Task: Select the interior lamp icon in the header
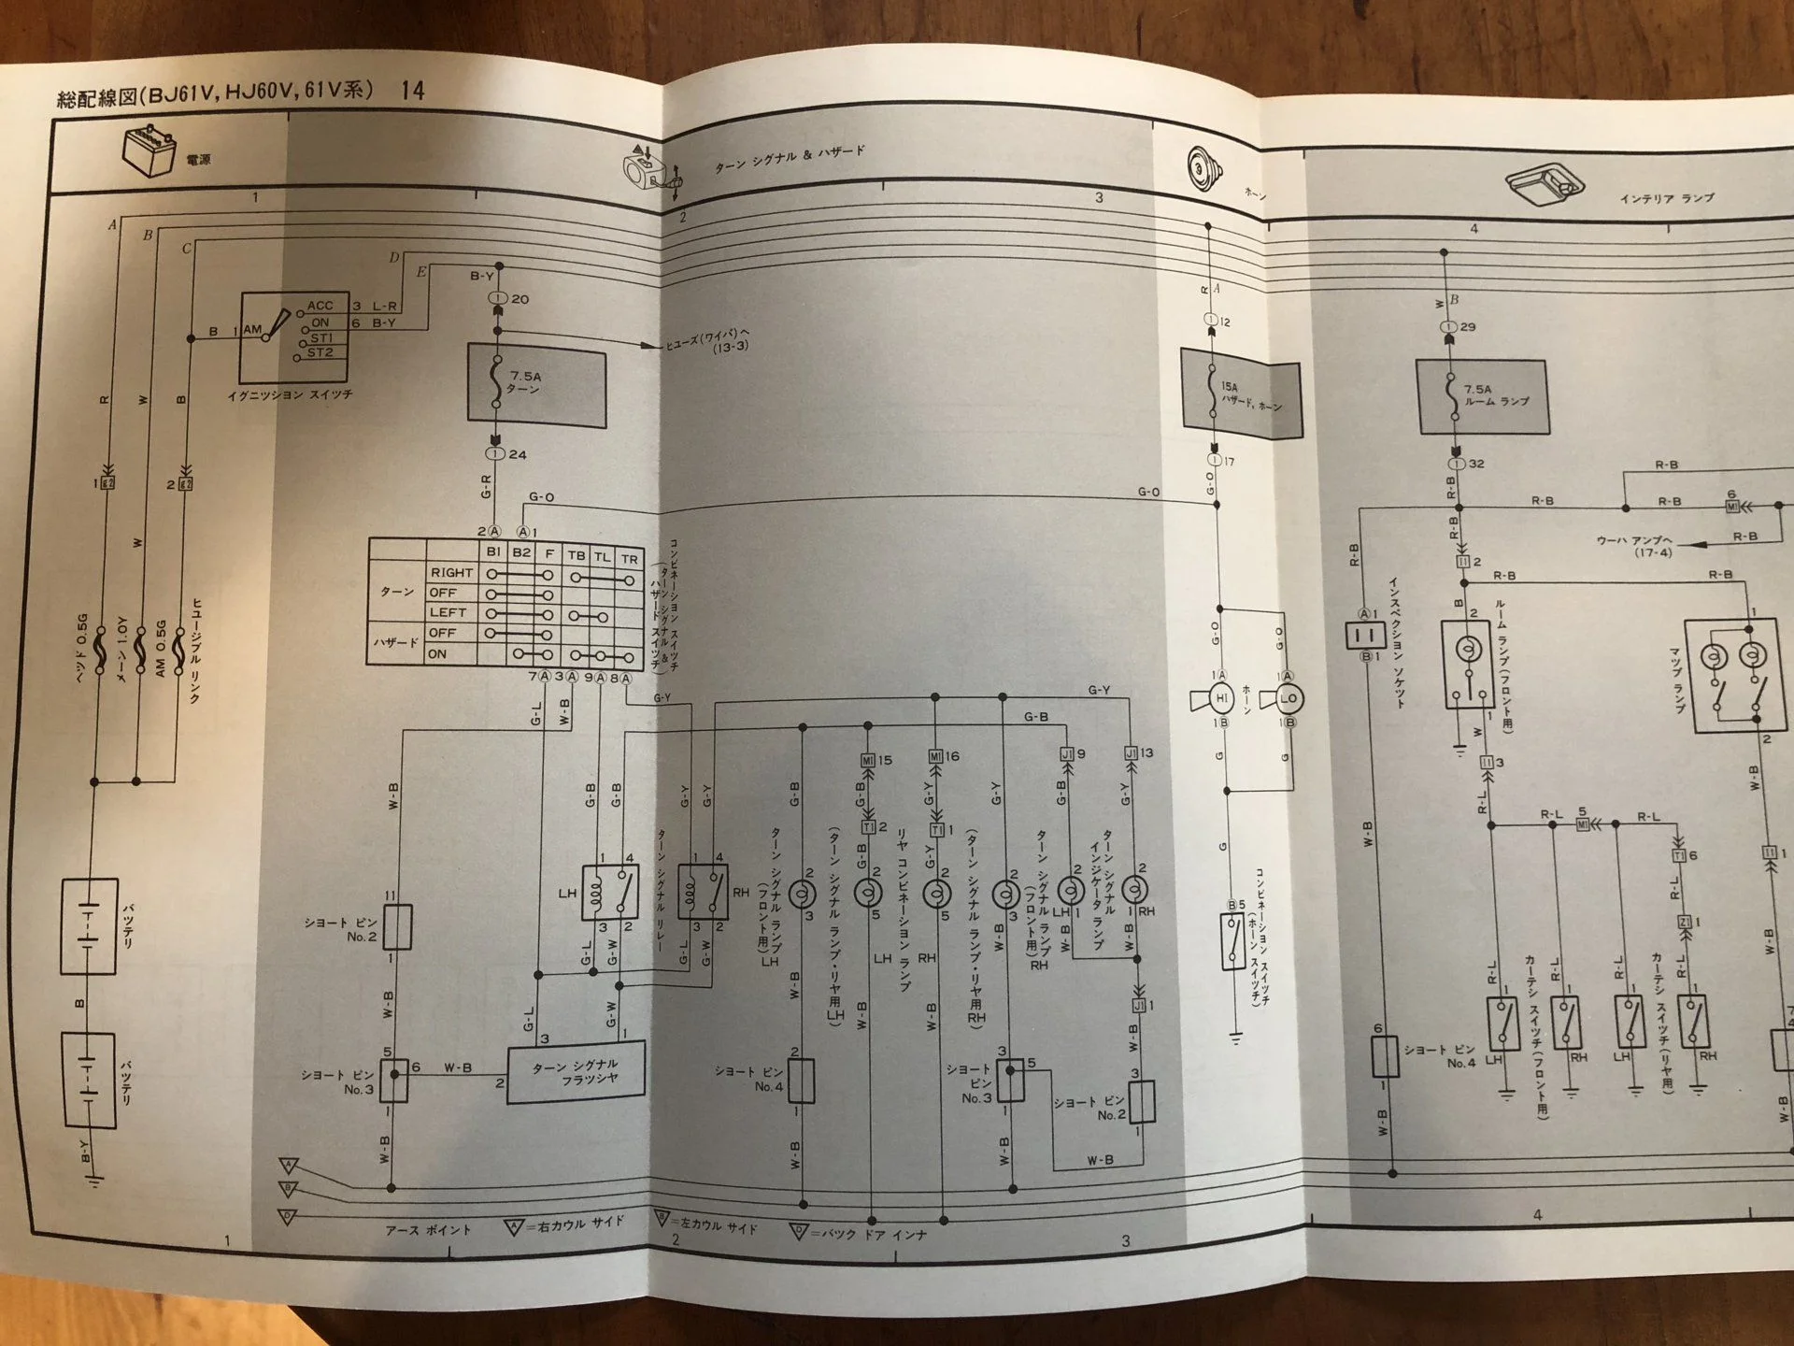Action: pos(1545,183)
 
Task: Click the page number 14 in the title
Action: pos(412,91)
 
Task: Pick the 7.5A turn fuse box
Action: pos(536,385)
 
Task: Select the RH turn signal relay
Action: pos(703,891)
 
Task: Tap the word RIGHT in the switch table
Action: pos(451,572)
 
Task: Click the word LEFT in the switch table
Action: pos(448,612)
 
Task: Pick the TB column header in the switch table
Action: pos(577,555)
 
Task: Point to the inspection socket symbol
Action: pos(1365,636)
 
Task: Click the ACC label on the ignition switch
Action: pos(320,306)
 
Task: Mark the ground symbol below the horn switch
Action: pos(1235,1038)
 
